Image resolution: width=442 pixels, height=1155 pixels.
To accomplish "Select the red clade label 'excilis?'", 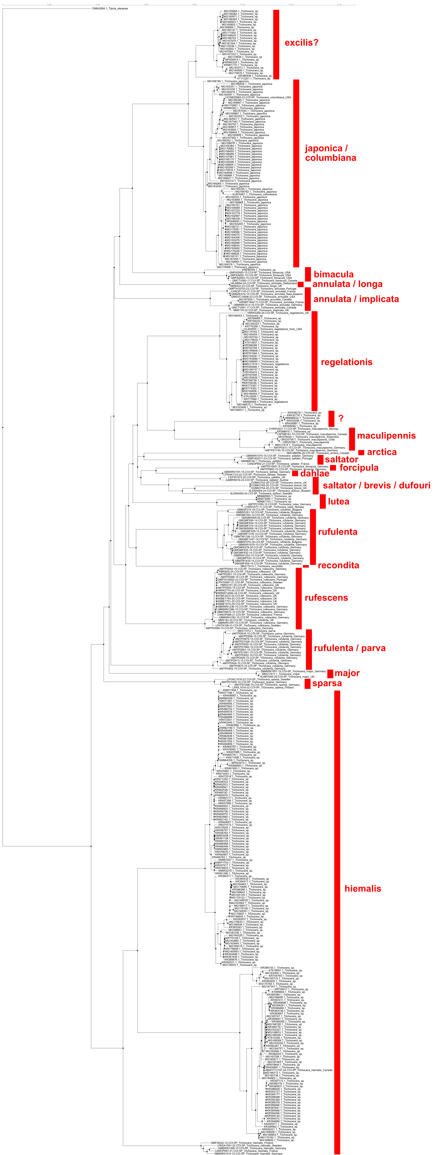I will pos(301,43).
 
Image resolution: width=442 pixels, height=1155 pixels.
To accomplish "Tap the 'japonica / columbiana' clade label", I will pos(330,153).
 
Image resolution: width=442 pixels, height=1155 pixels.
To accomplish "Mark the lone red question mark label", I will pos(341,418).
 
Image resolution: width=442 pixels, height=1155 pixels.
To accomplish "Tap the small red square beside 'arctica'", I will pos(361,452).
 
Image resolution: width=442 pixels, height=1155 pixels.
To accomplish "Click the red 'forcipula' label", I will pos(359,468).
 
